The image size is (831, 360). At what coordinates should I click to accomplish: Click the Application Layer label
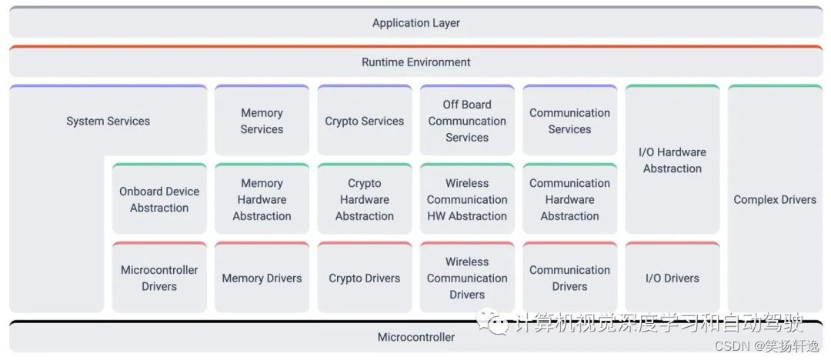pos(415,23)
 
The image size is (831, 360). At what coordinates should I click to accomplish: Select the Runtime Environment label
pos(415,62)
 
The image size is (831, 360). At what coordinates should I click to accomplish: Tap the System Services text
pos(108,121)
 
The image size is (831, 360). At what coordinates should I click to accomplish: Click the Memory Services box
pos(262,121)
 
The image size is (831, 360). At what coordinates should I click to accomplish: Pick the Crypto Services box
pos(364,121)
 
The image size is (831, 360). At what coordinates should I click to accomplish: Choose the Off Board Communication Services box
pos(467,121)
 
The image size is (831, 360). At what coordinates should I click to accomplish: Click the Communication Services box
pos(569,121)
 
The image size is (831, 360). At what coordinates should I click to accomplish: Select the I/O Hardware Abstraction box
pos(672,160)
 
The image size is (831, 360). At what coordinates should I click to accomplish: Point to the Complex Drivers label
pos(774,199)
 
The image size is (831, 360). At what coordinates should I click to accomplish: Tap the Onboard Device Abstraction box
pos(159,199)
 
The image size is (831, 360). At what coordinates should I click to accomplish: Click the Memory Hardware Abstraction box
pos(262,199)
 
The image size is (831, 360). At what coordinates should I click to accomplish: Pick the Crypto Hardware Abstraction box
pos(364,199)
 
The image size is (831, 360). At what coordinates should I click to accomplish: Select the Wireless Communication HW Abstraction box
pos(467,199)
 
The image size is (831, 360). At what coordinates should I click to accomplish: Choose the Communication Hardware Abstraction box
pos(569,199)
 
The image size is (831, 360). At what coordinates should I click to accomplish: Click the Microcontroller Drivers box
pos(159,278)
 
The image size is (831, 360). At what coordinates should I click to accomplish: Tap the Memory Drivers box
pos(262,278)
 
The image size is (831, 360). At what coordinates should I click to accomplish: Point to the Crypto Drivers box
pos(364,278)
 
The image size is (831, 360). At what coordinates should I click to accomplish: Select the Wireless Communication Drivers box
pos(467,278)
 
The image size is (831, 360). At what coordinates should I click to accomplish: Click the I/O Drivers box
pos(672,278)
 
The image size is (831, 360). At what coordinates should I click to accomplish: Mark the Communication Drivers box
pos(569,278)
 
